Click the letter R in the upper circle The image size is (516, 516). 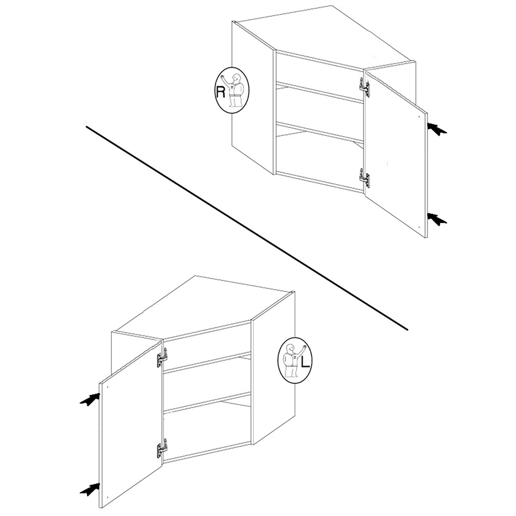tap(220, 92)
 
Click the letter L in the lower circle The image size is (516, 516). tap(305, 362)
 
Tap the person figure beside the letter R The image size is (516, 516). tap(233, 89)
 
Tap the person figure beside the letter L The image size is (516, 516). tap(293, 360)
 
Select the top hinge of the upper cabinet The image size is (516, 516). tap(364, 87)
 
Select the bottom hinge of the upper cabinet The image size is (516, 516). tap(364, 178)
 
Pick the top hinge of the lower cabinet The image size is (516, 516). tap(162, 357)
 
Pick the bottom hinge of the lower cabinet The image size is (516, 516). tap(162, 447)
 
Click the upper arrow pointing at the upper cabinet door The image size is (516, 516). tap(437, 128)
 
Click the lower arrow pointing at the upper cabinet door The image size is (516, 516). tap(437, 219)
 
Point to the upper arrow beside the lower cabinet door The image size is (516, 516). tap(90, 399)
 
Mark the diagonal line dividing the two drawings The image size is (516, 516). tap(247, 228)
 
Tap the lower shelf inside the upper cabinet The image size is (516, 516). tap(319, 133)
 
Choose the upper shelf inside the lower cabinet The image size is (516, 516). tap(207, 362)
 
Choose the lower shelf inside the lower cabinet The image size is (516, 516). tap(207, 402)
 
